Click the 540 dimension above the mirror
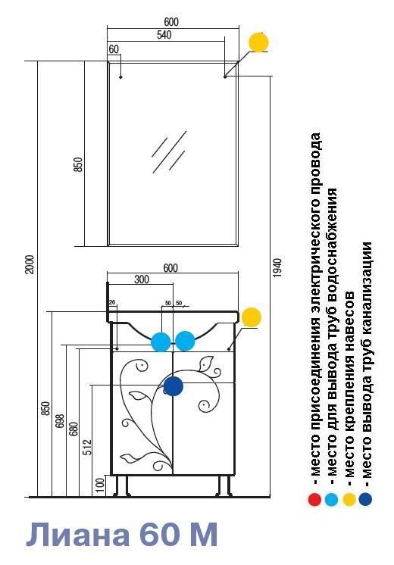coord(164,35)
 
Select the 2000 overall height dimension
coord(31,264)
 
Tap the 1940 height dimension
coord(277,267)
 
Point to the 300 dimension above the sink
coord(141,279)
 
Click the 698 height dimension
coord(60,421)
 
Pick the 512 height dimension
coord(87,447)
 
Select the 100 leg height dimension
coord(101,485)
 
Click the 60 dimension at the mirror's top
coord(114,49)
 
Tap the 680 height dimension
coord(73,429)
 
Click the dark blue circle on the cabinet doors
coord(174,386)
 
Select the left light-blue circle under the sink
coord(161,342)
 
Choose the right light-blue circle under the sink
coord(186,341)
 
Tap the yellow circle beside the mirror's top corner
coord(259,42)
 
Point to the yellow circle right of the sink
coord(252,317)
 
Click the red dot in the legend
coord(314,499)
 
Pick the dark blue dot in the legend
coord(365,499)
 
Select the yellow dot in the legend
coord(349,499)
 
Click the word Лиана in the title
coord(77,535)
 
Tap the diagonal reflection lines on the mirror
coord(170,151)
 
